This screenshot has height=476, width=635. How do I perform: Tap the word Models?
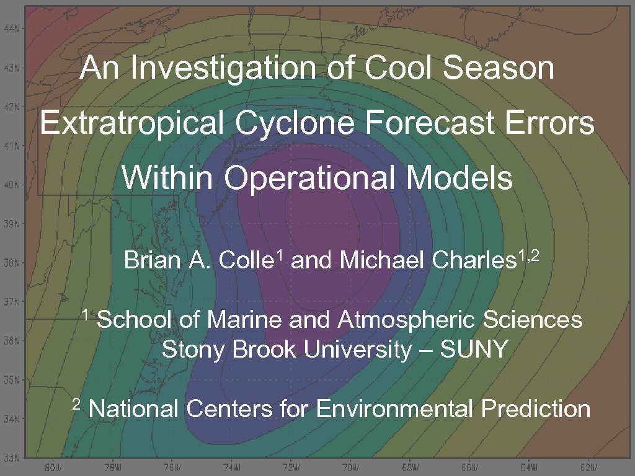pyautogui.click(x=460, y=178)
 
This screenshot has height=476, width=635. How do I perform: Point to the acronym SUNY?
pyautogui.click(x=474, y=350)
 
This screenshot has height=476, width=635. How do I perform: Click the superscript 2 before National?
pyautogui.click(x=76, y=405)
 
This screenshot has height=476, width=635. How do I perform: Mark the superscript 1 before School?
pyautogui.click(x=87, y=315)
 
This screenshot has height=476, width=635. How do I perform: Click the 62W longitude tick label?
pyautogui.click(x=588, y=467)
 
